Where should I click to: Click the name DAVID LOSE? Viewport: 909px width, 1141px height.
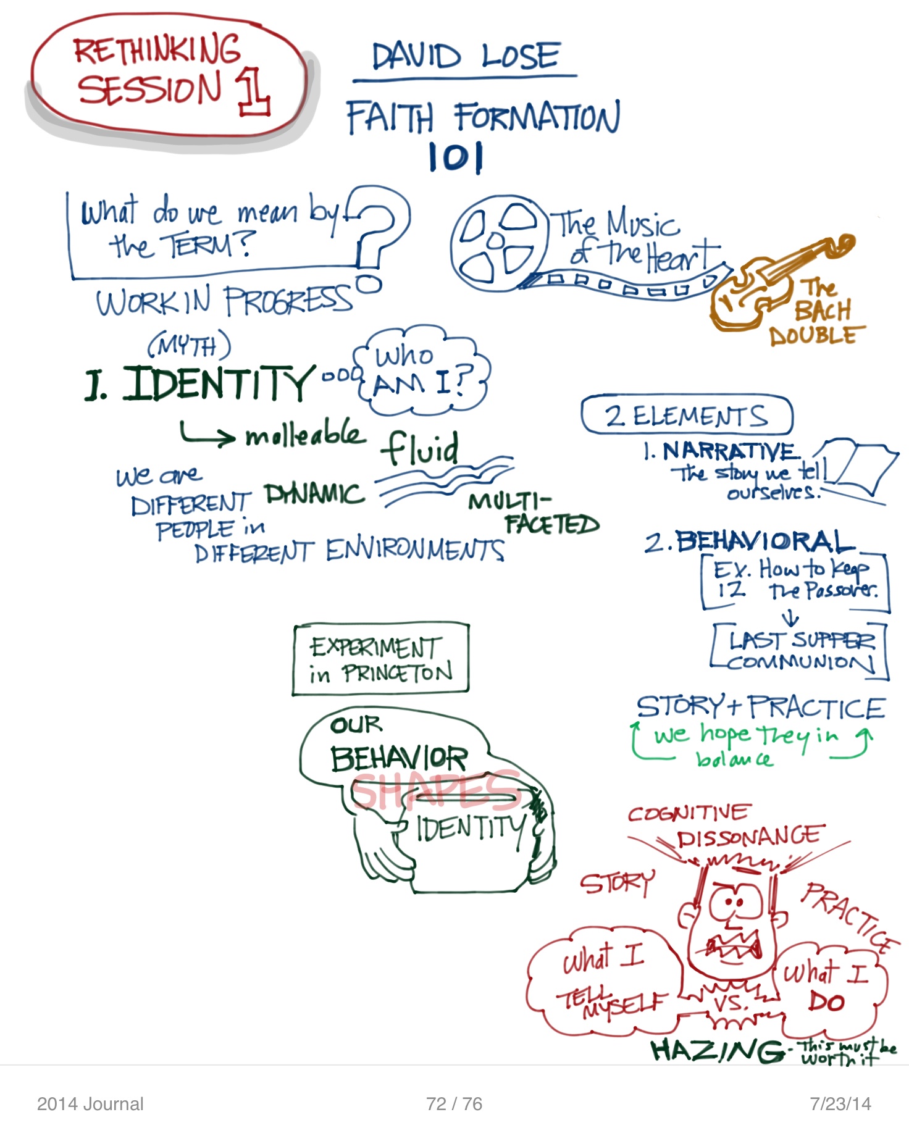tap(466, 56)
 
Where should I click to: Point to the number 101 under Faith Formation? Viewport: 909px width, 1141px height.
tap(456, 157)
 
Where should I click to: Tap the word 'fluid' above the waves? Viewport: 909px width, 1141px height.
tap(420, 447)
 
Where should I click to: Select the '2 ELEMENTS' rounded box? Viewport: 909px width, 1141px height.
tap(686, 416)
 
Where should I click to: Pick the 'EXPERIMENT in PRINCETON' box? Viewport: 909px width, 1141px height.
tap(380, 659)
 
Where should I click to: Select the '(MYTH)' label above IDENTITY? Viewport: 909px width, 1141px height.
tap(189, 346)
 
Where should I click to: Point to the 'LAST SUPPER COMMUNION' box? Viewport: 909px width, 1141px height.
tap(800, 651)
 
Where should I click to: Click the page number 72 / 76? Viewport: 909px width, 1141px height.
tap(454, 1104)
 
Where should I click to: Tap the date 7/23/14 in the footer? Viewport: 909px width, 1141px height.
tap(840, 1104)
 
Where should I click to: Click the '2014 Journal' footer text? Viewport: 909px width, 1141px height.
tap(90, 1104)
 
